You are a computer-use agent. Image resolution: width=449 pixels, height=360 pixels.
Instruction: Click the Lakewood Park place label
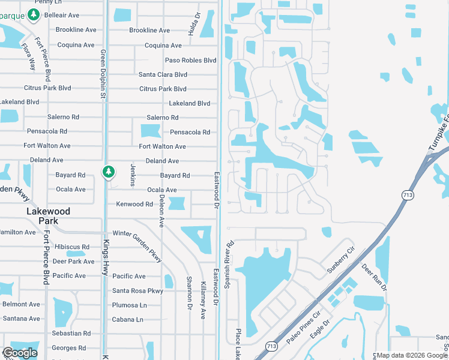(x=48, y=216)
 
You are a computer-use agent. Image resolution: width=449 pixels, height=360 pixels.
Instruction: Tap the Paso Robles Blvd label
(x=190, y=60)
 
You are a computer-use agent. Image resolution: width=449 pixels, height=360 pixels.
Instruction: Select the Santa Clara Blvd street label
(x=163, y=74)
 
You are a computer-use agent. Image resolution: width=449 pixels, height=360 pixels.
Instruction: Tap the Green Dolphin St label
(x=103, y=76)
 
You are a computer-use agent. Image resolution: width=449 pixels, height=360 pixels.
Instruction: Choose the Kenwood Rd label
(x=134, y=204)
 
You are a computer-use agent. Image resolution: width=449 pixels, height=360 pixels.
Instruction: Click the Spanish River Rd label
(x=229, y=265)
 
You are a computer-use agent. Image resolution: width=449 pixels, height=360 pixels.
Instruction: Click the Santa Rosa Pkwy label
(x=137, y=291)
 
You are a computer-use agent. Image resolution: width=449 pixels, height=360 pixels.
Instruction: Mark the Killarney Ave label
(x=203, y=299)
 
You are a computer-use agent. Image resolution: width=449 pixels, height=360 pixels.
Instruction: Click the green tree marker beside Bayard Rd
(x=108, y=172)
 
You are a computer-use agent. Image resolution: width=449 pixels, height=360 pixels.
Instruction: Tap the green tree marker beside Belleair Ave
(x=34, y=14)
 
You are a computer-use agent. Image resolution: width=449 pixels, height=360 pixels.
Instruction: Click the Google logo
(x=20, y=353)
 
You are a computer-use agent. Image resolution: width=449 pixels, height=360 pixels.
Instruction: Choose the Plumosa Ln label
(x=130, y=305)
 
